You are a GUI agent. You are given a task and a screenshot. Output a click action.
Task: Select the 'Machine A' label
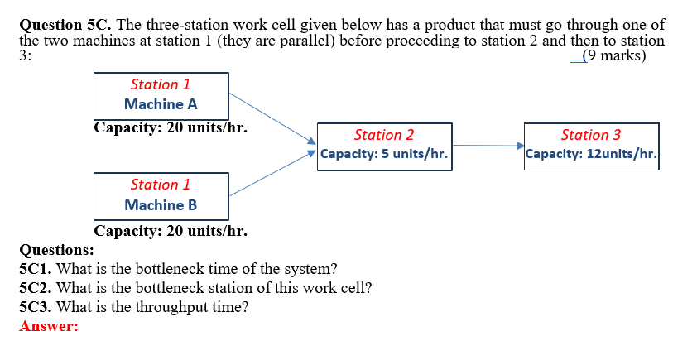pyautogui.click(x=161, y=104)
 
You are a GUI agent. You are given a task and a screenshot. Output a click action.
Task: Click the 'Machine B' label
pyautogui.click(x=161, y=204)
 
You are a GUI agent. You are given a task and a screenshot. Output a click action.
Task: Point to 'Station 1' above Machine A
pyautogui.click(x=161, y=84)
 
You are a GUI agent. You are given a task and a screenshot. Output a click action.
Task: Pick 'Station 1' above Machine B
pyautogui.click(x=161, y=185)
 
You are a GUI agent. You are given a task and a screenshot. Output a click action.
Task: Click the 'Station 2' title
pyautogui.click(x=383, y=135)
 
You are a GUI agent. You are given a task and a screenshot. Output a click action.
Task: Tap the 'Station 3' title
pyautogui.click(x=590, y=135)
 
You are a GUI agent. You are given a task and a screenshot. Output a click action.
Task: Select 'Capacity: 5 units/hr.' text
pyautogui.click(x=384, y=154)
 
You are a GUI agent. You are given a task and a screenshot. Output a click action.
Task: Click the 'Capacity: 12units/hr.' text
pyautogui.click(x=591, y=154)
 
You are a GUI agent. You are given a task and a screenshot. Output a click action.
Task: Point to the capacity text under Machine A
pyautogui.click(x=171, y=128)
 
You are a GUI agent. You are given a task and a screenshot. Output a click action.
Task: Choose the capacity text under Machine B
pyautogui.click(x=171, y=231)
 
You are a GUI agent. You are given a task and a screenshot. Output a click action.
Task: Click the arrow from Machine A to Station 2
pyautogui.click(x=272, y=118)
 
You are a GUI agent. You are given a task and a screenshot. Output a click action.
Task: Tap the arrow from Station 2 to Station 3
pyautogui.click(x=488, y=146)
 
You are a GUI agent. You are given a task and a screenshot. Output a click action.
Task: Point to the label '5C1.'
pyautogui.click(x=36, y=269)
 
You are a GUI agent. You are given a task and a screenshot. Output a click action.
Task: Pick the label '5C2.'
pyautogui.click(x=36, y=288)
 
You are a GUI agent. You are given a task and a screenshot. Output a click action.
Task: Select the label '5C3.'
pyautogui.click(x=36, y=307)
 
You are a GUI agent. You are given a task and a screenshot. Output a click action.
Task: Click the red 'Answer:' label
pyautogui.click(x=49, y=326)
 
